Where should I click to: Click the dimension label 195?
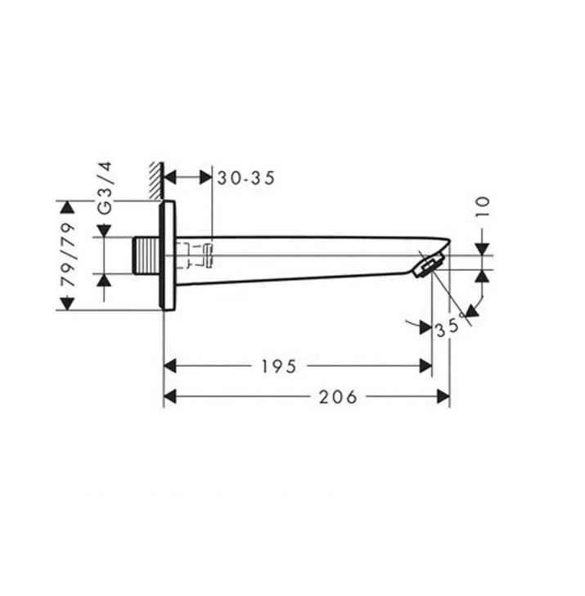(279, 366)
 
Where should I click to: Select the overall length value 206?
(337, 397)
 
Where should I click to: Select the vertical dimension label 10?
(483, 205)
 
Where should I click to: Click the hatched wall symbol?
(155, 180)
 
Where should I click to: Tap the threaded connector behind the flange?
(147, 255)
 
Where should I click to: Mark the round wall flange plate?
(169, 255)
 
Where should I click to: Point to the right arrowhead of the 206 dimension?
(443, 397)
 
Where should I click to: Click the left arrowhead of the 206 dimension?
(172, 397)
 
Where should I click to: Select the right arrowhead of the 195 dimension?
(425, 366)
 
